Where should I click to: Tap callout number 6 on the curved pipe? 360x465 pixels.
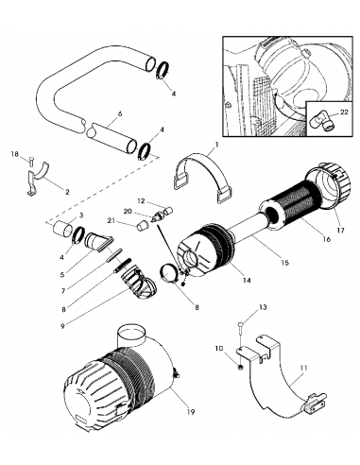click(x=118, y=114)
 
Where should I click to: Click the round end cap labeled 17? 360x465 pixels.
click(x=324, y=181)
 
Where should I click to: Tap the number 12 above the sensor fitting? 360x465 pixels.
click(x=141, y=201)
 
